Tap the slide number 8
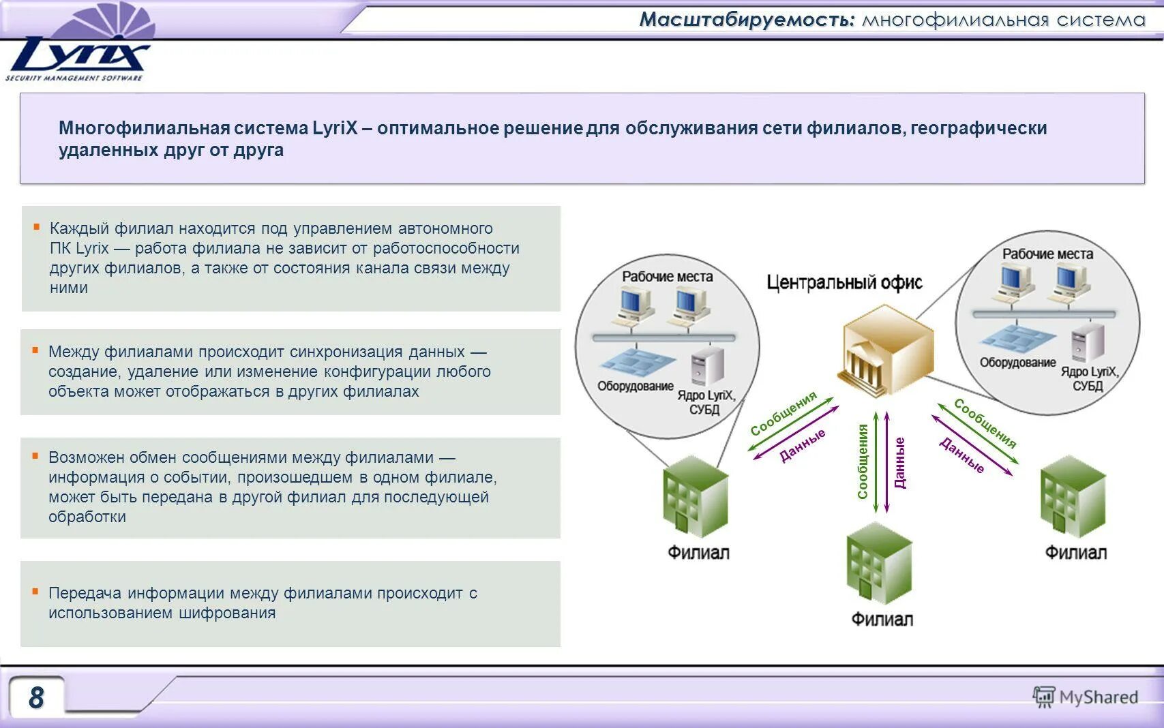36,697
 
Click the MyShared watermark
1086,697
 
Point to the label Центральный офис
844,282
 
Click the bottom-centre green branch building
879,564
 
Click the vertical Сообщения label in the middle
863,461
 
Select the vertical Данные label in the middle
899,463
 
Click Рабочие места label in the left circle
667,277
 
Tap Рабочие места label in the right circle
1047,254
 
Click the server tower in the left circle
707,366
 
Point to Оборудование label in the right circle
1017,363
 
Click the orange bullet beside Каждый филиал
37,227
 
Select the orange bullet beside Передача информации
35,592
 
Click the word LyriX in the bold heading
335,128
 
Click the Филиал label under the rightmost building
1075,552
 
